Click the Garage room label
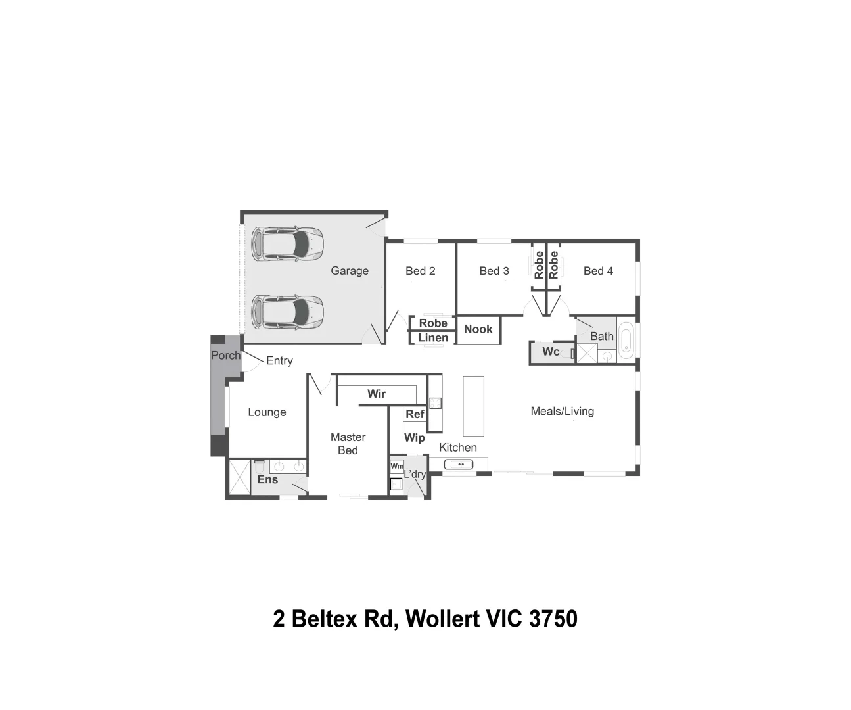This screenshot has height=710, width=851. (x=350, y=271)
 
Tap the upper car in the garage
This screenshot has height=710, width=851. (x=288, y=245)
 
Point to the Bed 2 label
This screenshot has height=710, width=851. (x=421, y=271)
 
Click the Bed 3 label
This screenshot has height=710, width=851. (x=494, y=271)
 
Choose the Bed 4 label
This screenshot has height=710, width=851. (x=598, y=271)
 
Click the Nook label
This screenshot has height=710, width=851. (x=478, y=329)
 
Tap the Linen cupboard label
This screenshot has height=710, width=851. (x=433, y=338)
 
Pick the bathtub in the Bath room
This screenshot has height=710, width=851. (x=626, y=341)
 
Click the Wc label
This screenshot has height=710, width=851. (x=551, y=352)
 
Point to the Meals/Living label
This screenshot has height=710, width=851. (x=563, y=412)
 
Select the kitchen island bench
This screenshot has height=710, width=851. (x=473, y=406)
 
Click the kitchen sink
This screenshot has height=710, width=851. (x=459, y=465)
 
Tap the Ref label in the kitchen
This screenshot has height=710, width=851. (x=415, y=414)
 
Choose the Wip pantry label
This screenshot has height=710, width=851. (x=415, y=438)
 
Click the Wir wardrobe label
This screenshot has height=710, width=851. (x=377, y=394)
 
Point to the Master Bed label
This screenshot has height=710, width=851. (x=348, y=444)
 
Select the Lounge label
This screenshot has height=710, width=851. (x=267, y=412)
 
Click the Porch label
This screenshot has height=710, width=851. (x=225, y=356)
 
